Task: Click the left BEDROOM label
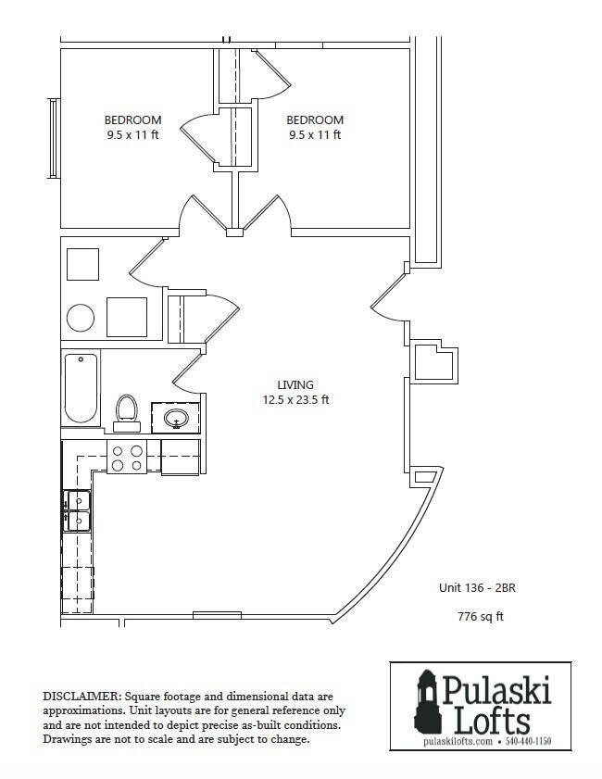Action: point(132,120)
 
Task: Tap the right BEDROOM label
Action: point(315,120)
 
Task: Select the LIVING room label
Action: point(295,384)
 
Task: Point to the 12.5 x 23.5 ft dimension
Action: point(295,401)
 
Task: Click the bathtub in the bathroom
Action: point(81,388)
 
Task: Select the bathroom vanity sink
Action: point(177,420)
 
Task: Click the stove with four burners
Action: point(127,455)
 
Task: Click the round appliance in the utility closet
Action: point(81,318)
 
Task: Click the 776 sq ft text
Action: point(480,616)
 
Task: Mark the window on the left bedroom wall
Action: point(54,138)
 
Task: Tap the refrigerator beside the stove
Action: point(181,456)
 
